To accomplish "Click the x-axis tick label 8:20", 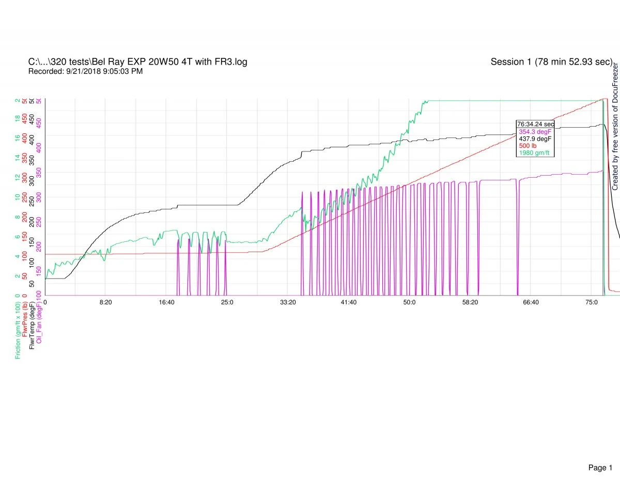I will (x=105, y=302).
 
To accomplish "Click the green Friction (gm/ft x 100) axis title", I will (x=19, y=329).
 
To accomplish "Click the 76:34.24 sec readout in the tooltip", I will (x=536, y=124).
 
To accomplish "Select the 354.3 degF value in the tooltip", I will (x=535, y=131).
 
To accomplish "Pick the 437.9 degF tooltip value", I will (x=535, y=138).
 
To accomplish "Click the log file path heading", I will (x=138, y=62).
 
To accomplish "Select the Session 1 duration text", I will (x=551, y=62).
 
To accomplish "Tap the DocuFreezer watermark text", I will (x=615, y=127).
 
